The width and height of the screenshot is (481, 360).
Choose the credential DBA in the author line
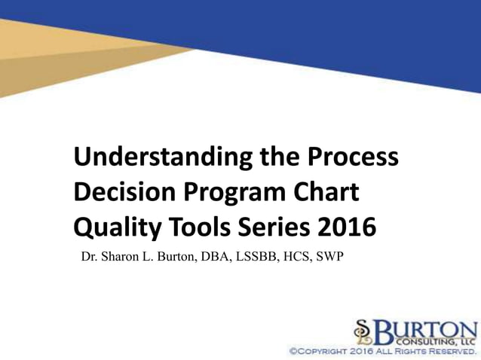point(216,258)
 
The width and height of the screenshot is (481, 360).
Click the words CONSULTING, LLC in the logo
point(439,341)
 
